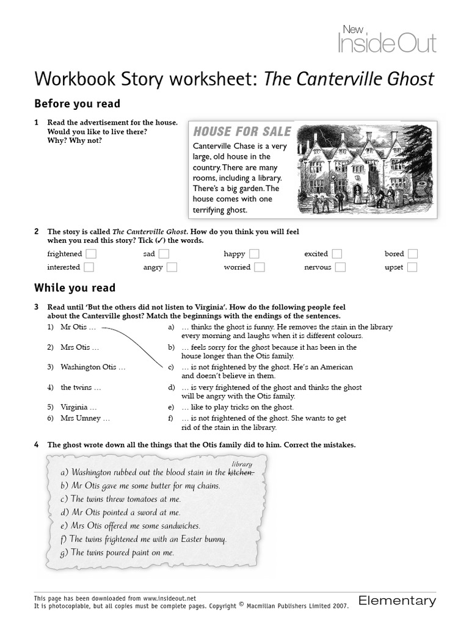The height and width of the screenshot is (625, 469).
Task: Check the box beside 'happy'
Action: click(x=254, y=253)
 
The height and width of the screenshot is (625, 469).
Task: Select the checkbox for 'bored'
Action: click(x=413, y=253)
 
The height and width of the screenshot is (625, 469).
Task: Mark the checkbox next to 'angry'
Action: click(x=172, y=267)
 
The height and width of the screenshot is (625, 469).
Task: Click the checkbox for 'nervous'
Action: click(x=340, y=267)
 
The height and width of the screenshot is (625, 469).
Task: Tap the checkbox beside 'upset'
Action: click(x=413, y=267)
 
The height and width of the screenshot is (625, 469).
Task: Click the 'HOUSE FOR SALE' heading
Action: click(x=242, y=131)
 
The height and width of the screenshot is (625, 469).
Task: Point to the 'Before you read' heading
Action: click(x=77, y=103)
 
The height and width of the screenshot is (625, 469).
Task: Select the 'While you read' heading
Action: click(x=75, y=287)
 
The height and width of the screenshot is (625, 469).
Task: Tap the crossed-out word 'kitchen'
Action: click(x=241, y=472)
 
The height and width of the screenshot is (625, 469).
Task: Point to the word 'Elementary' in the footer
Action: click(x=397, y=601)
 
